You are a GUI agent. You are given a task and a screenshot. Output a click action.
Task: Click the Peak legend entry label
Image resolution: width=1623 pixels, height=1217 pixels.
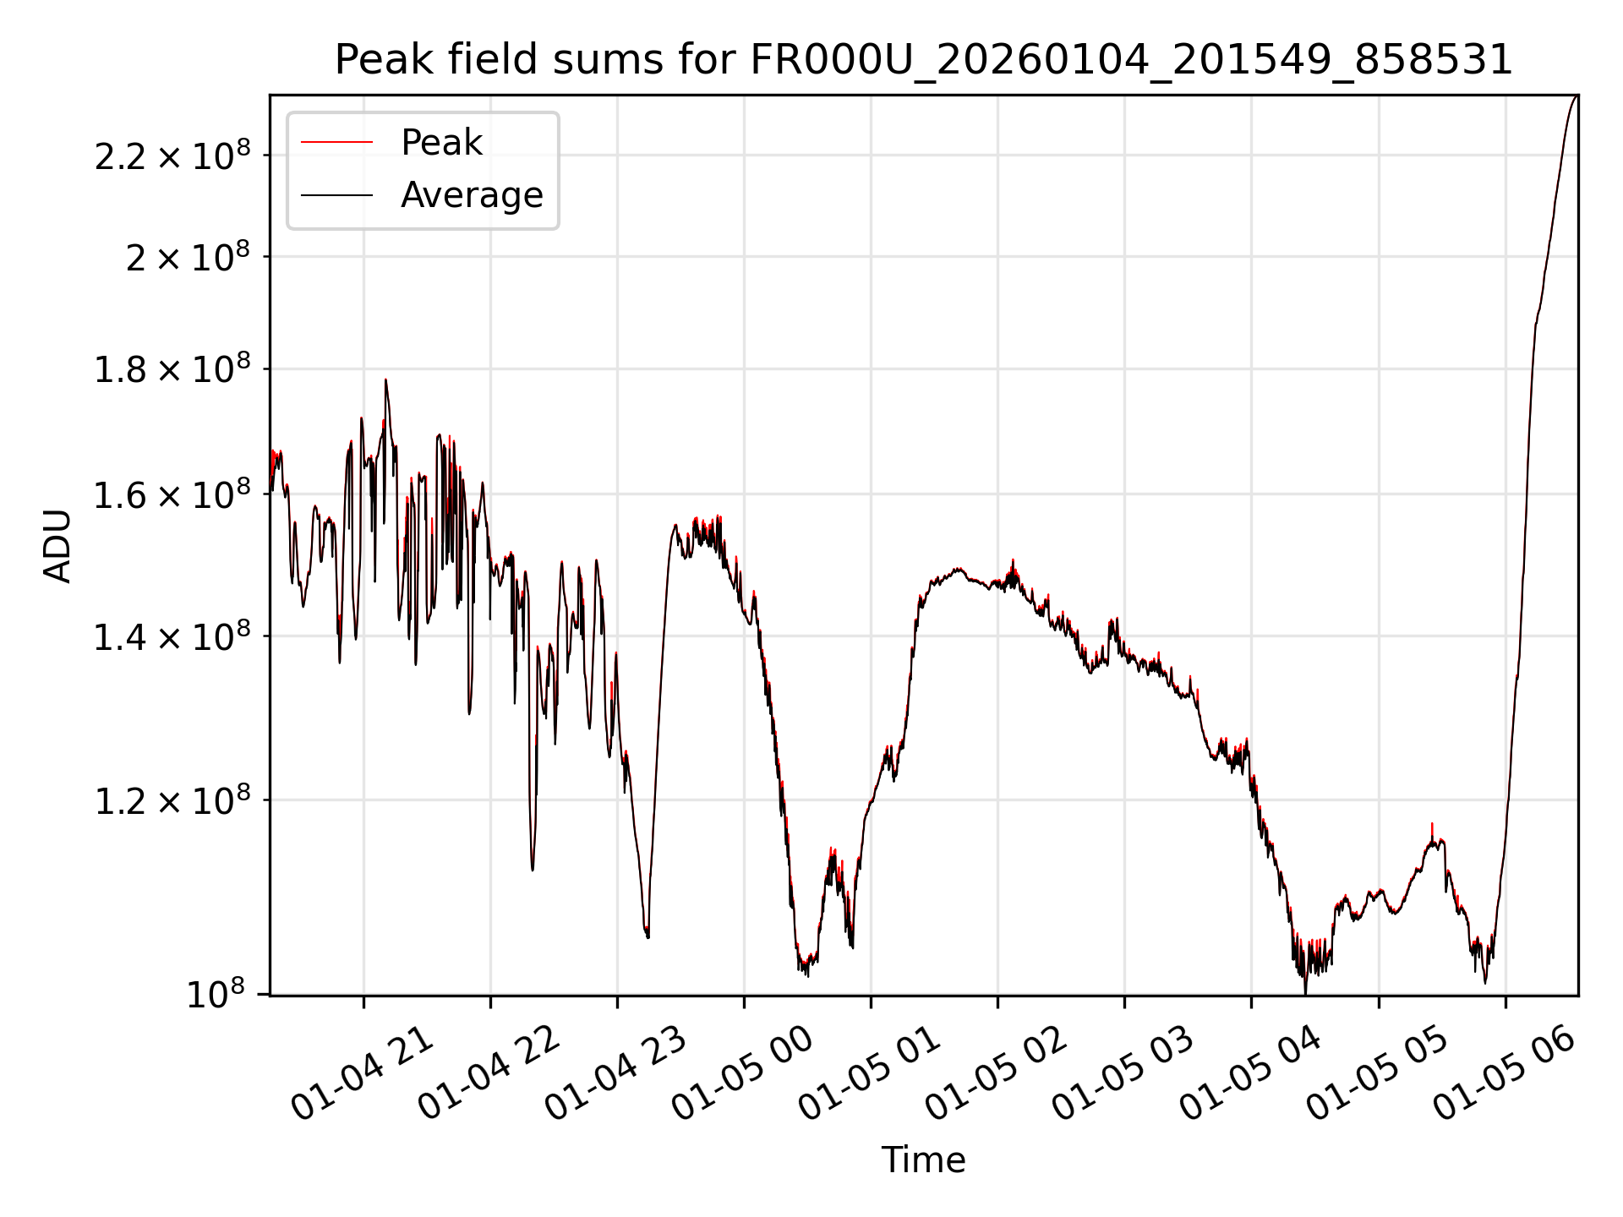pyautogui.click(x=441, y=143)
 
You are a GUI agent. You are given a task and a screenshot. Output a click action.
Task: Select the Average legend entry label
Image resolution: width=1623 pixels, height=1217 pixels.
pyautogui.click(x=472, y=195)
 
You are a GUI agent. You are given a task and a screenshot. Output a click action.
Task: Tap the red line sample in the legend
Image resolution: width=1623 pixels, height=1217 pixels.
pyautogui.click(x=336, y=143)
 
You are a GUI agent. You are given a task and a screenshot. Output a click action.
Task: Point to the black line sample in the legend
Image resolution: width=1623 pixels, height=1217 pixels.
pyautogui.click(x=336, y=195)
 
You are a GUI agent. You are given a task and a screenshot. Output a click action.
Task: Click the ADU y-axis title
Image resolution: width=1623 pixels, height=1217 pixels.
pyautogui.click(x=58, y=545)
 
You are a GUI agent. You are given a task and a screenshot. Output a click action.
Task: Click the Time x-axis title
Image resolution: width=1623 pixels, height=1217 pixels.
pyautogui.click(x=923, y=1160)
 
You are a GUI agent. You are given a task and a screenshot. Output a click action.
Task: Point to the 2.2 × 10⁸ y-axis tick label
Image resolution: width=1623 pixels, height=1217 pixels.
pyautogui.click(x=172, y=157)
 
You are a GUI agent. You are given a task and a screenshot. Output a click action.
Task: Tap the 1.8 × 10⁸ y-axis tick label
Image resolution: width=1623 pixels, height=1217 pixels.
pyautogui.click(x=172, y=370)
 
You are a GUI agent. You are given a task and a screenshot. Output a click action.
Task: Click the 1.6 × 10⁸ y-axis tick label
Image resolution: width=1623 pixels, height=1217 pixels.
pyautogui.click(x=172, y=496)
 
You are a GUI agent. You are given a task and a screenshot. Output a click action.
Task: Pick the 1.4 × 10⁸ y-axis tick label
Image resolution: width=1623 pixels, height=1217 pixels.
pyautogui.click(x=172, y=637)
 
